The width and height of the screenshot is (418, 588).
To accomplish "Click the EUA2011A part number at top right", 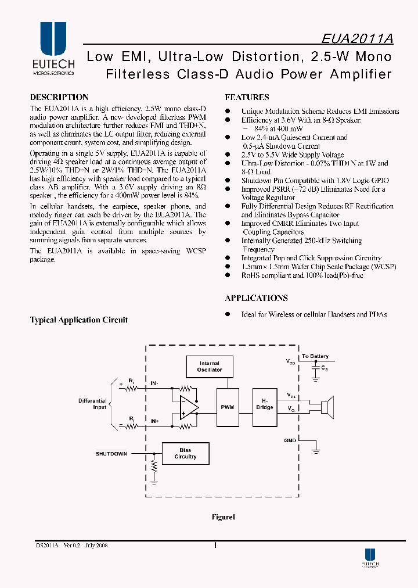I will point(358,38).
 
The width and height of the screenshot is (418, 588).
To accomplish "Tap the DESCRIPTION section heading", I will point(59,98).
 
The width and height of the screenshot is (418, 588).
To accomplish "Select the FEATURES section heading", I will point(247,98).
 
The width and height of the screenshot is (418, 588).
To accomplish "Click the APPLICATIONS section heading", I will point(256,298).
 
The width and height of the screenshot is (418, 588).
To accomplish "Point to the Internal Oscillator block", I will point(210,367).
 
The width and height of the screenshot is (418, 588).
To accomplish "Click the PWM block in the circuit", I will point(228,407).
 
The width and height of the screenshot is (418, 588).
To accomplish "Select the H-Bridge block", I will point(265,404).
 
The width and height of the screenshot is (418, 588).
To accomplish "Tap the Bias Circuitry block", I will point(186,453).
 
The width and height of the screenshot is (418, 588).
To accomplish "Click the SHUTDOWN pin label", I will point(111,454).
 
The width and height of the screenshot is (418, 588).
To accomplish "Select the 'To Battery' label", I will point(315,356).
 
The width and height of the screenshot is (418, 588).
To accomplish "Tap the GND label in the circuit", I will point(290,440).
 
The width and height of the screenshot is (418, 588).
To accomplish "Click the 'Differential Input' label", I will point(92,404).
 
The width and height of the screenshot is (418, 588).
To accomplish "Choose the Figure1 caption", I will point(224,517).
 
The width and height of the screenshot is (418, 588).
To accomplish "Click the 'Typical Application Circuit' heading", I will point(79,320).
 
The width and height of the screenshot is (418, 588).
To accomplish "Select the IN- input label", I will point(155,383).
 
